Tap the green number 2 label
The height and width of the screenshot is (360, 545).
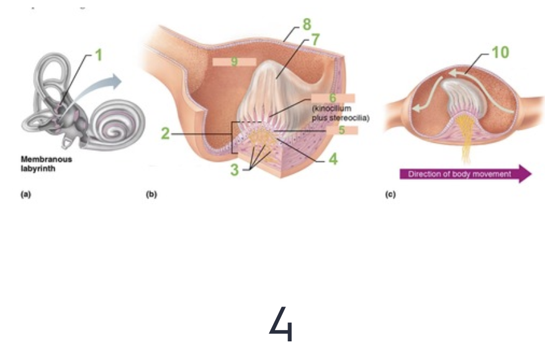pyautogui.click(x=165, y=133)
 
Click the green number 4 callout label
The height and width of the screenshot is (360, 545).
pyautogui.click(x=333, y=160)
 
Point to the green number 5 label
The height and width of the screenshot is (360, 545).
pyautogui.click(x=341, y=130)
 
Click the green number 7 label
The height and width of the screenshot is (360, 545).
pyautogui.click(x=315, y=39)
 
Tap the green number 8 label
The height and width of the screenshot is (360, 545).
pyautogui.click(x=307, y=25)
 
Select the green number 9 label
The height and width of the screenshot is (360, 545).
pyautogui.click(x=234, y=61)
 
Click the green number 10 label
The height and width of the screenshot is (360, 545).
pyautogui.click(x=500, y=52)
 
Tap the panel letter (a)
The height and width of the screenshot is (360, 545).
pyautogui.click(x=25, y=195)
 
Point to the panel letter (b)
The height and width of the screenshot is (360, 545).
pyautogui.click(x=151, y=195)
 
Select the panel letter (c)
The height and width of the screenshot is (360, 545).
pyautogui.click(x=390, y=195)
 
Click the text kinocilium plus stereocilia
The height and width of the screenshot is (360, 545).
pyautogui.click(x=341, y=112)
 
